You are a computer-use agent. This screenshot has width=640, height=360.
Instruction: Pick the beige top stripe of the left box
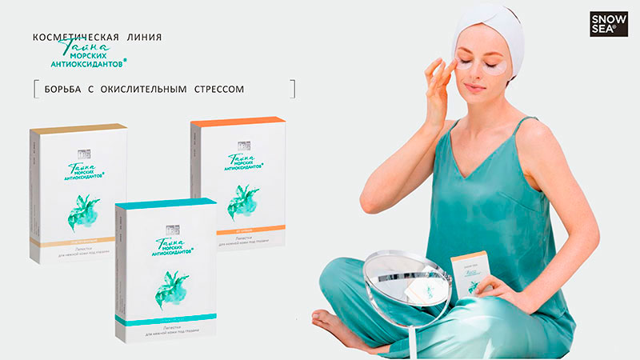(77, 129)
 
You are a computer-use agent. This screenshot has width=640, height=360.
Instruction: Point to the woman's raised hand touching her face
(438, 80)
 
